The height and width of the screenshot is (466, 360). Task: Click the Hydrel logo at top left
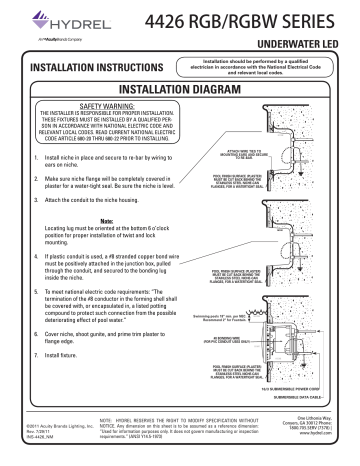coord(47,21)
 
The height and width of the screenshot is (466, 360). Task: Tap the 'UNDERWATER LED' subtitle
coord(301,48)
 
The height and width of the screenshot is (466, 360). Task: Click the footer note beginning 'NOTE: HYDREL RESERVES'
coord(186,433)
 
